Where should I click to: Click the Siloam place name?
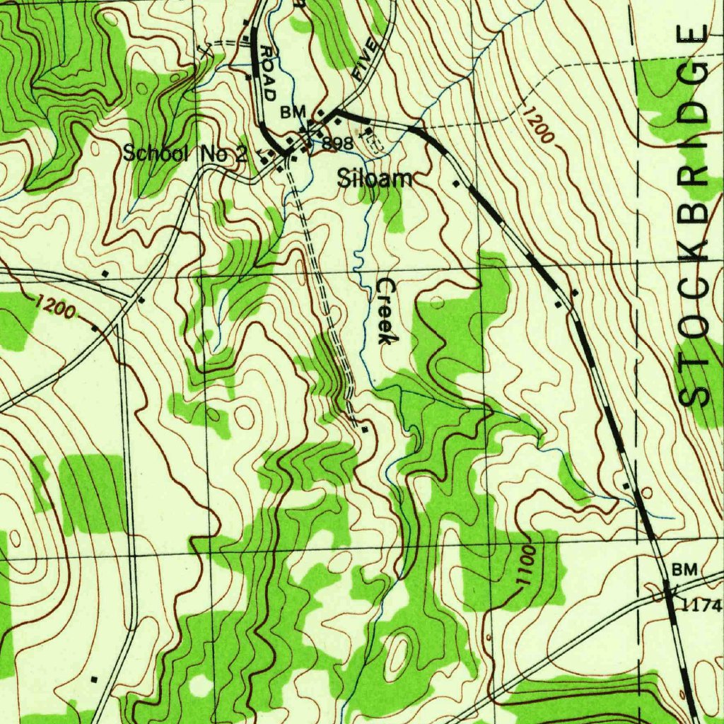coord(374,178)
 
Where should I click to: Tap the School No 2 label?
coord(185,153)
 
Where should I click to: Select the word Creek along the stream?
coord(385,311)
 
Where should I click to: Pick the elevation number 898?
coord(337,144)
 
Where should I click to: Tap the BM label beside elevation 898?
coord(293,112)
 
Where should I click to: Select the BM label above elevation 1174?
coord(684,569)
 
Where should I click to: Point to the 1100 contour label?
coord(525,566)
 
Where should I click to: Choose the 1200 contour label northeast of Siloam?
coord(539,125)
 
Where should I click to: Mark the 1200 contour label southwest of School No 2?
coord(55,307)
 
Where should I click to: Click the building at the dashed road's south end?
coord(365,429)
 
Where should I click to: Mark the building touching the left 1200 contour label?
coord(94,328)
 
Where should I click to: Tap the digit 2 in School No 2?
coord(241,153)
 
